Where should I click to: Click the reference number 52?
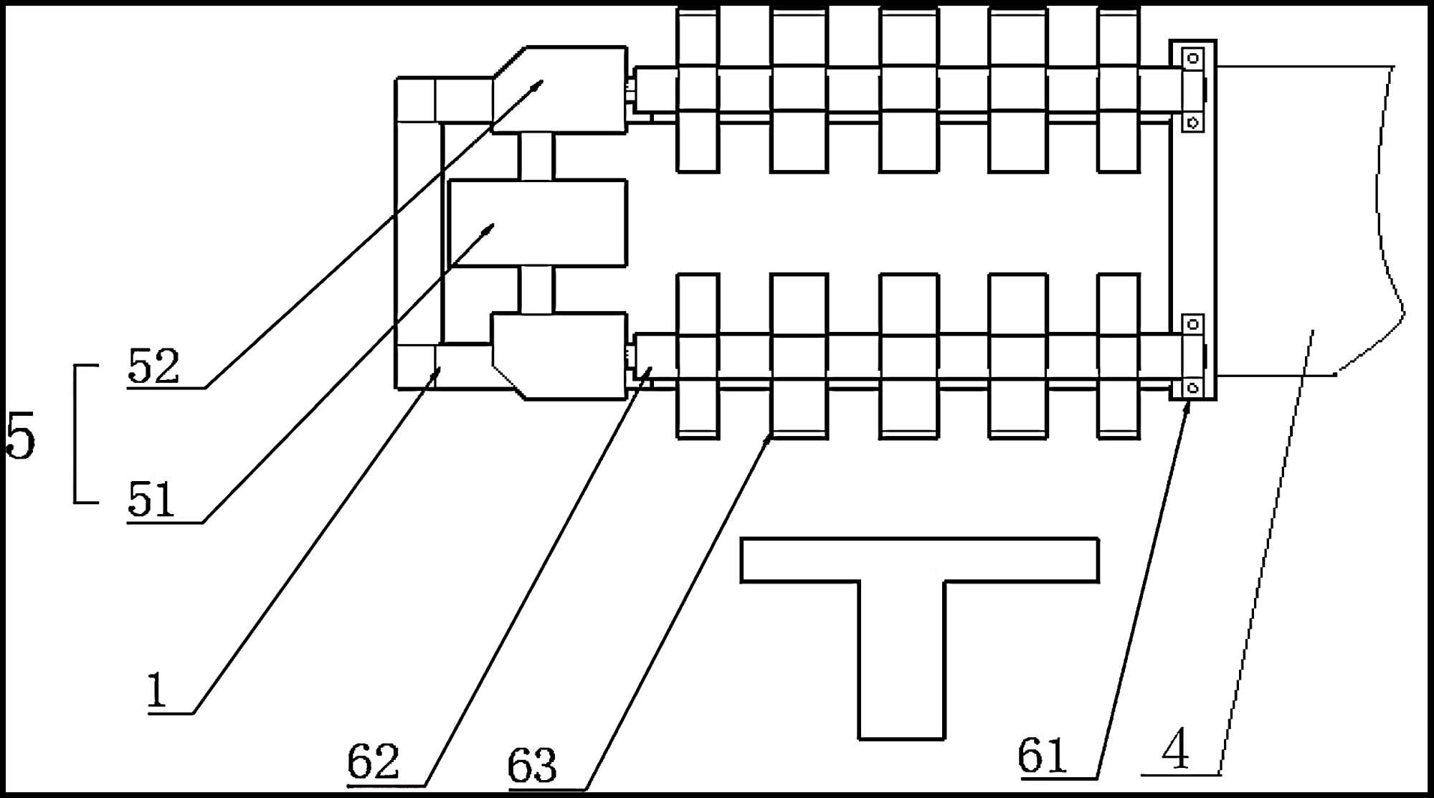[x=153, y=366]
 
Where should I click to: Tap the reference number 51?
[x=151, y=500]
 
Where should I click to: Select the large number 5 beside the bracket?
[x=20, y=436]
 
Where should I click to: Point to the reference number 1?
[x=156, y=690]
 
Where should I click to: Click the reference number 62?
[x=373, y=761]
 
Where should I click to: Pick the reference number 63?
[x=532, y=766]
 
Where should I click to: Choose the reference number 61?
[x=1042, y=756]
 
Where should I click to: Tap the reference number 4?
[x=1176, y=750]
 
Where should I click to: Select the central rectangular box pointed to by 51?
[x=538, y=223]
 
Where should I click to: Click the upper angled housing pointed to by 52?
[x=566, y=90]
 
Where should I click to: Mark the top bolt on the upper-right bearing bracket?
[x=1193, y=58]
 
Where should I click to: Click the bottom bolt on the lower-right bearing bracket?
[x=1193, y=388]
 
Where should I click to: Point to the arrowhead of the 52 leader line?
[x=540, y=82]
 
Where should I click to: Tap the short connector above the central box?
[x=536, y=156]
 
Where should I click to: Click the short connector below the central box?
[x=536, y=290]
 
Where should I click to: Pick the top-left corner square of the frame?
[x=416, y=100]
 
